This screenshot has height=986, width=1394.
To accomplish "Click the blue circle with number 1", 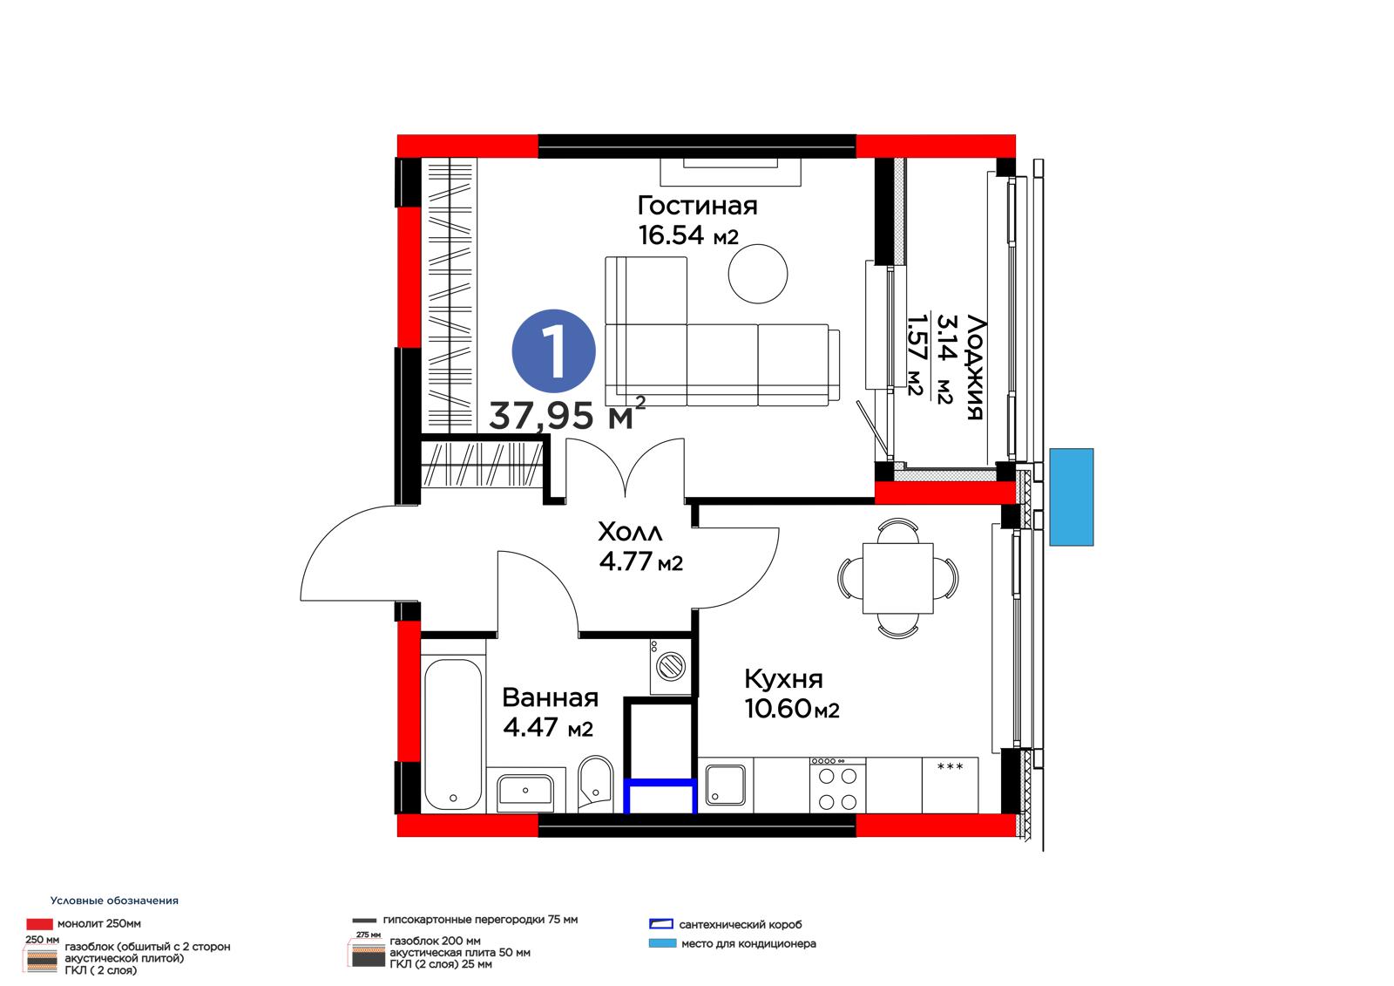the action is pyautogui.click(x=553, y=351).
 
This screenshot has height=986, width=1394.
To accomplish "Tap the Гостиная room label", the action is pyautogui.click(x=697, y=206).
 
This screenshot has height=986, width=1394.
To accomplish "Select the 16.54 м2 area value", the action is pyautogui.click(x=688, y=235).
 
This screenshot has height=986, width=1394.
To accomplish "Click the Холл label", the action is pyautogui.click(x=630, y=532).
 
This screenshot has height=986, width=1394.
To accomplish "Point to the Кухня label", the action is pyautogui.click(x=783, y=679).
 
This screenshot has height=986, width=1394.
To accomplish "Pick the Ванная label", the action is pyautogui.click(x=550, y=697).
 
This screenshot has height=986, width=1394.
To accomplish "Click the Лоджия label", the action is pyautogui.click(x=976, y=368).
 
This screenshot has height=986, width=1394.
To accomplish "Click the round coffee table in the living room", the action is pyautogui.click(x=757, y=274).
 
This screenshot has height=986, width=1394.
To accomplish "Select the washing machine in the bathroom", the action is pyautogui.click(x=671, y=666).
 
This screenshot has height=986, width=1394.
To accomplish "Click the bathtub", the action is pyautogui.click(x=453, y=735).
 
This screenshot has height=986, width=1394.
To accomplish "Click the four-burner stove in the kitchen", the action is pyautogui.click(x=837, y=785).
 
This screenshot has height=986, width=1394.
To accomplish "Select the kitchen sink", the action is pyautogui.click(x=726, y=785).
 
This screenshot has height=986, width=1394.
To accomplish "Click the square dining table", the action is pyautogui.click(x=898, y=578).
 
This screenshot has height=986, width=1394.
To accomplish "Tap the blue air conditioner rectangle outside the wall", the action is pyautogui.click(x=1071, y=497).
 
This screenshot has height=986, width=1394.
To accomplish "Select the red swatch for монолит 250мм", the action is pyautogui.click(x=39, y=924).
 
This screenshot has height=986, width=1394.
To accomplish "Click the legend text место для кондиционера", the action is pyautogui.click(x=748, y=943).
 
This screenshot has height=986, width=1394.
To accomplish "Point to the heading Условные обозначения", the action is pyautogui.click(x=114, y=900).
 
